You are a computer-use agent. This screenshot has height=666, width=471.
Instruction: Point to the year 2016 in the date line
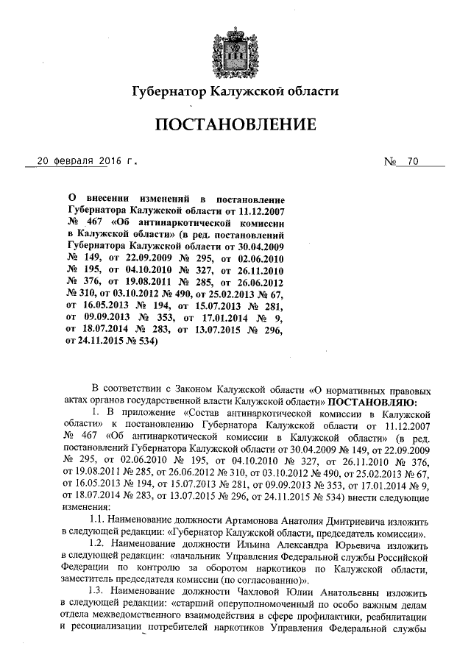(x=107, y=160)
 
